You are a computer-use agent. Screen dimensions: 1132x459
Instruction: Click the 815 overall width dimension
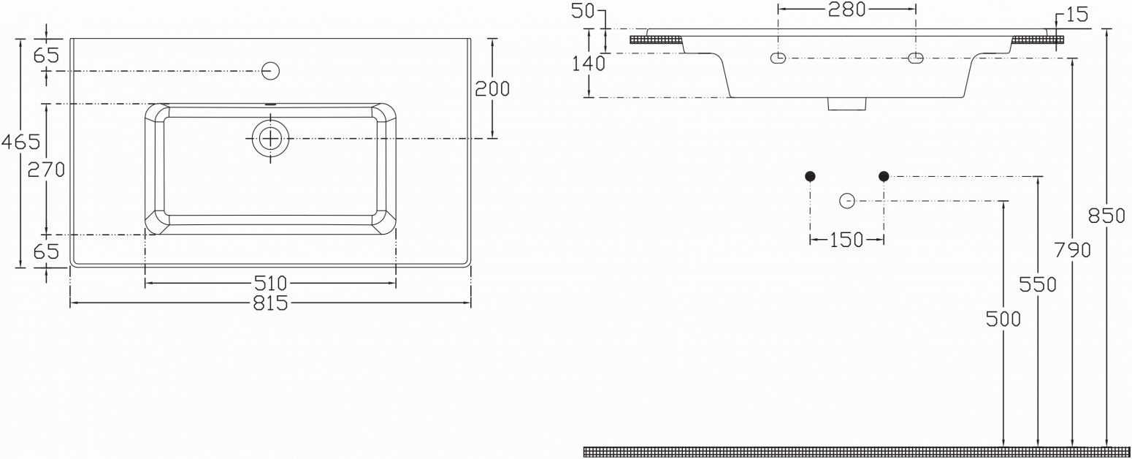(x=270, y=303)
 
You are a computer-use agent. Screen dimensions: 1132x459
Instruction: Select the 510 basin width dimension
(x=270, y=283)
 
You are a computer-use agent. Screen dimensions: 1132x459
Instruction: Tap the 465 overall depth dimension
(x=20, y=142)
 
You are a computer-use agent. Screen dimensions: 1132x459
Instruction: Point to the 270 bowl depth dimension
(x=46, y=170)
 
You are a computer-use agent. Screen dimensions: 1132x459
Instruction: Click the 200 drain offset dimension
(x=492, y=89)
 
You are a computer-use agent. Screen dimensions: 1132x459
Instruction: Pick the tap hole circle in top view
(x=271, y=71)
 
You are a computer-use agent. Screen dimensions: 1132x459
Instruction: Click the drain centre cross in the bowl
(x=270, y=138)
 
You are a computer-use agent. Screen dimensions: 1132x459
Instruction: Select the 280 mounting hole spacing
(x=847, y=9)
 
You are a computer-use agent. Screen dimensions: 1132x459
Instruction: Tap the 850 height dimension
(x=1106, y=216)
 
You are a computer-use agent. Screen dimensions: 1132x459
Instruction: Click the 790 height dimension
(x=1072, y=250)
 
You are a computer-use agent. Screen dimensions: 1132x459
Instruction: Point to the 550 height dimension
(x=1038, y=284)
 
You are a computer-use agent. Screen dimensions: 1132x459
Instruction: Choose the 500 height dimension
(x=1003, y=319)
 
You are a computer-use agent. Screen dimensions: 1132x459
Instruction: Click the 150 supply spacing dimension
(x=846, y=240)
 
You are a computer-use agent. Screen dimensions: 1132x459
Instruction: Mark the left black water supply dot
(x=810, y=176)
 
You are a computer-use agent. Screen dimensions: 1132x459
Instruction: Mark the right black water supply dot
(x=884, y=176)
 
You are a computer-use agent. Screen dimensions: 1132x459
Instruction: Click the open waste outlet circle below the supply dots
(x=847, y=201)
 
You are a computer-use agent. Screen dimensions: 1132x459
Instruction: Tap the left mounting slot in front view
(x=779, y=58)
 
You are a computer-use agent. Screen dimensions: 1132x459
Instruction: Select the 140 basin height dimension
(x=589, y=64)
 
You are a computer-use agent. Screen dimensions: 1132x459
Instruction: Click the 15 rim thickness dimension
(x=1077, y=15)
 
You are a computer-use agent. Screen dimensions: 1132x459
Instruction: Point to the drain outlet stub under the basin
(x=847, y=104)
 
